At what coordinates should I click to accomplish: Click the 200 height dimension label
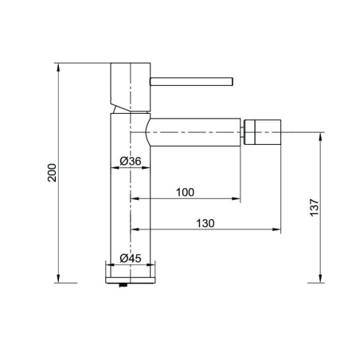(x=52, y=173)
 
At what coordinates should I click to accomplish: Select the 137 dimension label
(x=315, y=207)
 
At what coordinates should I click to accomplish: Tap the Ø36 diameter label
(x=131, y=161)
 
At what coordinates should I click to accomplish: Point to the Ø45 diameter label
(x=131, y=258)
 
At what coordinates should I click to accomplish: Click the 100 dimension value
(x=185, y=192)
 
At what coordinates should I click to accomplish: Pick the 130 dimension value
(x=205, y=223)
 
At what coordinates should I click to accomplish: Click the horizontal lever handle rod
(x=191, y=81)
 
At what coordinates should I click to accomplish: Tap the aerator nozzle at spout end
(x=263, y=132)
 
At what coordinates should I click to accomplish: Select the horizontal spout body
(x=194, y=132)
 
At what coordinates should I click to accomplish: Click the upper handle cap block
(x=131, y=87)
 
